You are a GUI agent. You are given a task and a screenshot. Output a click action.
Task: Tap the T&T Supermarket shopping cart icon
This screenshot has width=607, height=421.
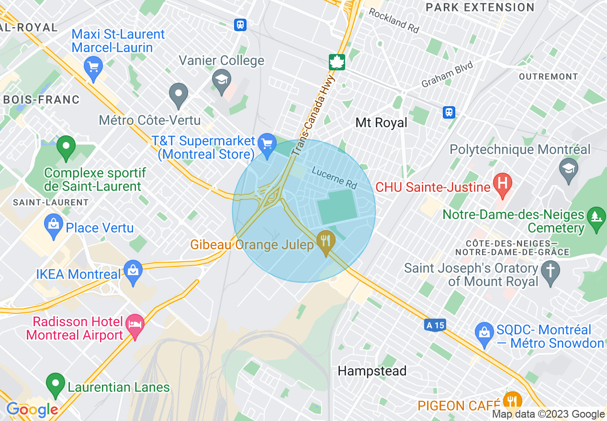click(x=267, y=143)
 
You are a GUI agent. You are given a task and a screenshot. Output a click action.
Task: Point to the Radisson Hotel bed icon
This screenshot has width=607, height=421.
click(x=135, y=325)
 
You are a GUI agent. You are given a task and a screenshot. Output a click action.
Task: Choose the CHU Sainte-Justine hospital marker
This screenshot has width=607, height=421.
click(x=503, y=184)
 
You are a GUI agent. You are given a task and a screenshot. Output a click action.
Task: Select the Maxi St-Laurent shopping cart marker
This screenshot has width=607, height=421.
click(x=93, y=66)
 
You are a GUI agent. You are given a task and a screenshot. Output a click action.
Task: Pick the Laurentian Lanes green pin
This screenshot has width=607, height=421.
click(x=56, y=384)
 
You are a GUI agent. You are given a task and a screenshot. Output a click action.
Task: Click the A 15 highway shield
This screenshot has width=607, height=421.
click(x=435, y=325)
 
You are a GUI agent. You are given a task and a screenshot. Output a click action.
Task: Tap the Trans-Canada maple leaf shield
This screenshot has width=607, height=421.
click(x=337, y=62)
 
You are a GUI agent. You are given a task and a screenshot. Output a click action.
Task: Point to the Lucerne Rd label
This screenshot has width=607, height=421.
click(x=335, y=177)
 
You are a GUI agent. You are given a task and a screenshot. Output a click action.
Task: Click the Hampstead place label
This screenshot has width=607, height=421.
click(x=372, y=371)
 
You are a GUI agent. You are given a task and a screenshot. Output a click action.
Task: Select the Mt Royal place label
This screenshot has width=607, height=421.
click(x=381, y=123)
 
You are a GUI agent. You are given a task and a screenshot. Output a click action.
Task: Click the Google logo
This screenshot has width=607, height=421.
click(x=32, y=410)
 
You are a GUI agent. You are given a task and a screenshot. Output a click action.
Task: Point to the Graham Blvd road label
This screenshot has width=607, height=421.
click(x=447, y=75)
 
